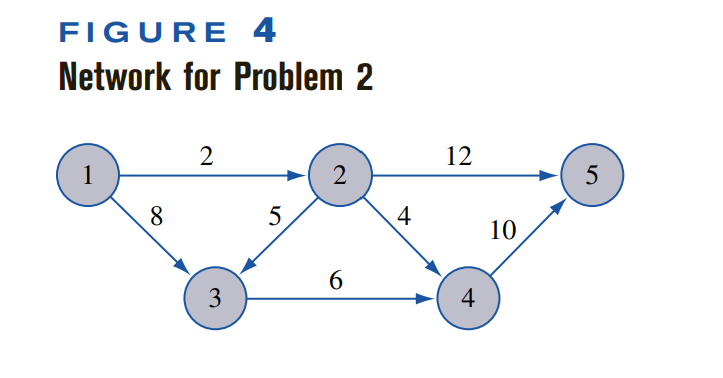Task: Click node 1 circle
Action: [88, 176]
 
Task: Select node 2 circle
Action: [340, 176]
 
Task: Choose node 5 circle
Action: [592, 176]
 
